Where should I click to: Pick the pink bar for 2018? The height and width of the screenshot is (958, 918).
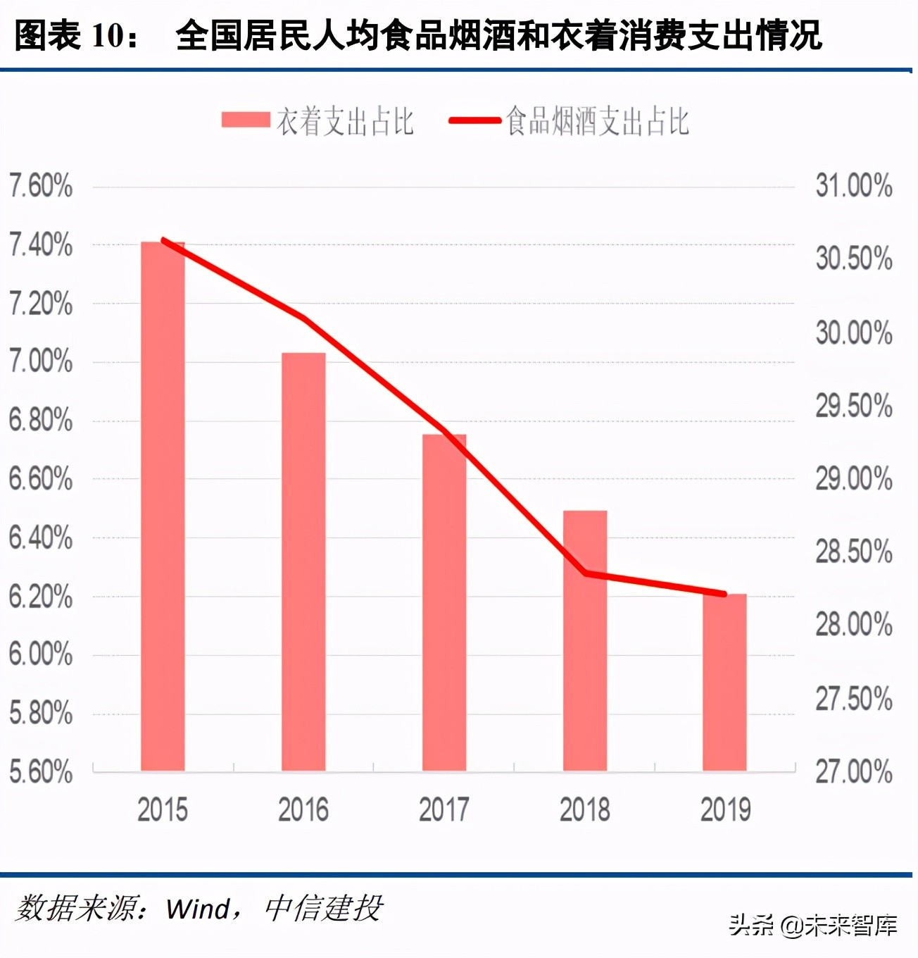point(585,640)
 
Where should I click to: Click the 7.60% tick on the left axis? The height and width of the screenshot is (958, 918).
point(41,187)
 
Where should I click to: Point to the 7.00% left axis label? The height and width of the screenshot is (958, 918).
point(41,361)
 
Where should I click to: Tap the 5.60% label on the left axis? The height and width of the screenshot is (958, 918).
point(41,772)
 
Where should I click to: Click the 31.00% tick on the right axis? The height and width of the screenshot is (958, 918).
point(854,186)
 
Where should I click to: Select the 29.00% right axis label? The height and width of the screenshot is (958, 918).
point(854,479)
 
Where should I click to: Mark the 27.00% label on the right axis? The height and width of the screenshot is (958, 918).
point(854,772)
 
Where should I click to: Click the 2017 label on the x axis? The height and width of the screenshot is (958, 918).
point(444,809)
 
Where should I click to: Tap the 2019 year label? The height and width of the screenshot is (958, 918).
point(725,809)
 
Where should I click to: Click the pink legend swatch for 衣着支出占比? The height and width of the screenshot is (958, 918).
point(246,120)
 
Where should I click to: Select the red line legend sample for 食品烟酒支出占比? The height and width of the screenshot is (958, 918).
point(475,120)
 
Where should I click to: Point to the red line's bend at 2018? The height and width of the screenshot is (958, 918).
point(586,573)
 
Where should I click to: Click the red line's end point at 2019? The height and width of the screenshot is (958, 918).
point(724,594)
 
